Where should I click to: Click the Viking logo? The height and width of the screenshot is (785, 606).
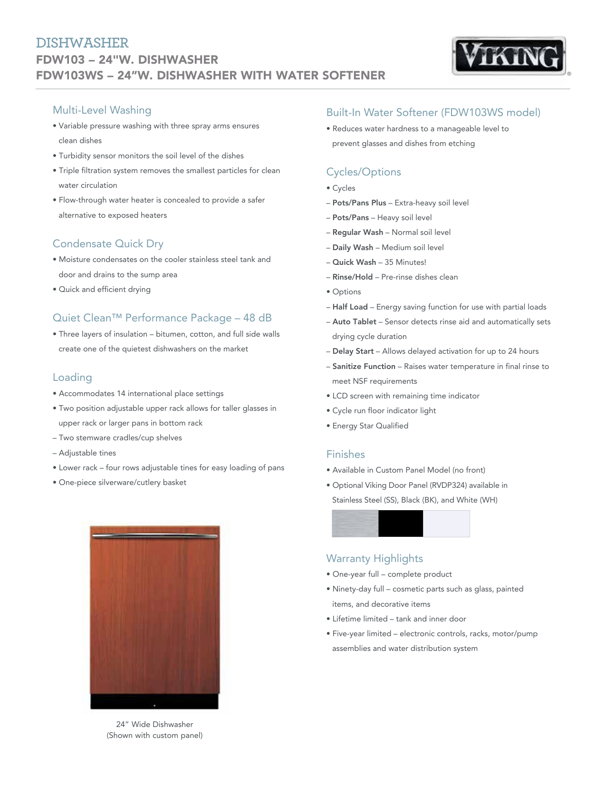(x=509, y=56)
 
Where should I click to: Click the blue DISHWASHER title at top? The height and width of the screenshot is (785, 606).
(x=82, y=43)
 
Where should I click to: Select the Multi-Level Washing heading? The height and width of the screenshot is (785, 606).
(x=102, y=110)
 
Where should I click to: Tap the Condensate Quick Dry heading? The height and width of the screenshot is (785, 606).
(x=108, y=244)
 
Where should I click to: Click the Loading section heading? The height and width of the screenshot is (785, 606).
(x=72, y=378)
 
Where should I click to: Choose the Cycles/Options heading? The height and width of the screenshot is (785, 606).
(x=363, y=172)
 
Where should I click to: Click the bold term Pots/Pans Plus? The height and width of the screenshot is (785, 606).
(x=359, y=203)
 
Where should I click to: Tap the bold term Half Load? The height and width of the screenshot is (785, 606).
(x=350, y=307)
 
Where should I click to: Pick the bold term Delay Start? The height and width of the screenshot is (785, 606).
(x=353, y=351)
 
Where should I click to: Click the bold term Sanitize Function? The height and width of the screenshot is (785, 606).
(x=364, y=367)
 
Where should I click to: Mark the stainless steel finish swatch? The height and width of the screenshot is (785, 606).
(x=355, y=523)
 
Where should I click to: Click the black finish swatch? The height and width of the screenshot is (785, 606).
(x=401, y=523)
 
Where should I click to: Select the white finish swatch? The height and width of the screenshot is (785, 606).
(x=446, y=523)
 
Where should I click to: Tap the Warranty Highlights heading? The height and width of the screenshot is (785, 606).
(x=374, y=559)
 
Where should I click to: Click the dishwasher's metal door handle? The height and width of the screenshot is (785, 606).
(x=154, y=536)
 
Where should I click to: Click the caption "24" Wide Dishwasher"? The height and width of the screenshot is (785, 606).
(x=154, y=725)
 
